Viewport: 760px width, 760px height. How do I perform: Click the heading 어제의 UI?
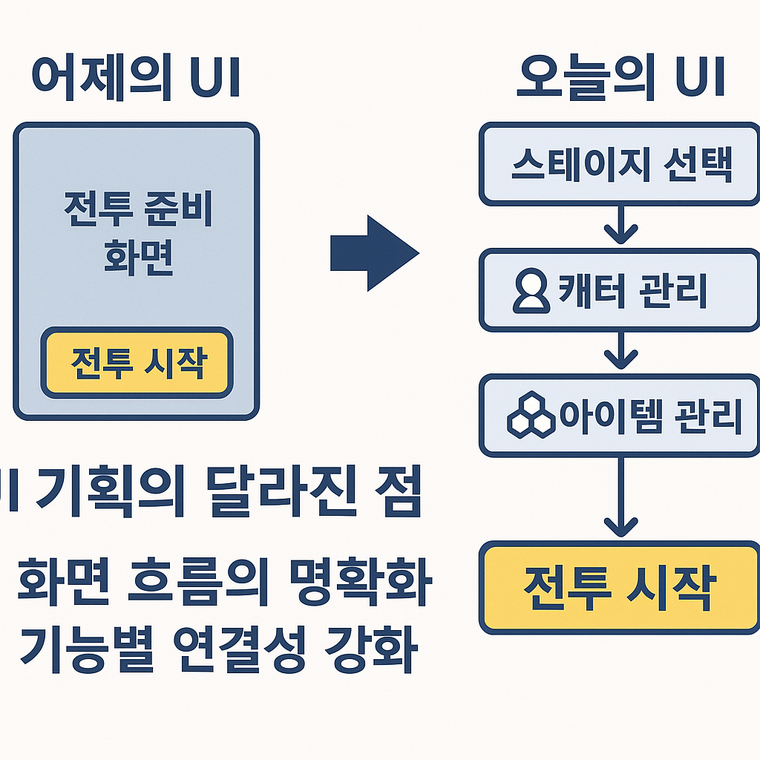coord(135,79)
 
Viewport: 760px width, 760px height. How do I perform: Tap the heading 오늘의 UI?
coord(620,79)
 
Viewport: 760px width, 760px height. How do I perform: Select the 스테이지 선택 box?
coord(620,165)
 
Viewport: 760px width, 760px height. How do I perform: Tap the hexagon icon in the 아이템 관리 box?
coord(531,415)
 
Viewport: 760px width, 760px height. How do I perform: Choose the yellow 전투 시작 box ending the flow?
coord(620,588)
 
